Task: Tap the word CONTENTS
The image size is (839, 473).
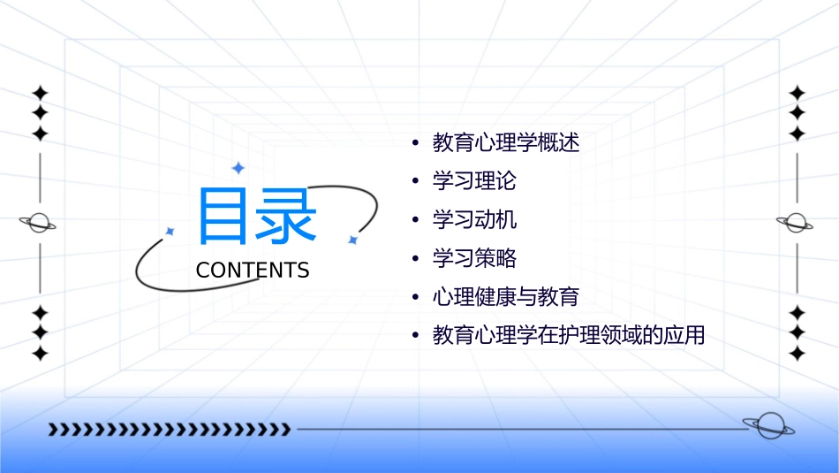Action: (x=253, y=271)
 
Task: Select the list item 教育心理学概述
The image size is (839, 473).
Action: (x=506, y=142)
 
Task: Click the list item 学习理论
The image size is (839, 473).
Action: (x=474, y=181)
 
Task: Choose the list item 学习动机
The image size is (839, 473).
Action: (x=474, y=219)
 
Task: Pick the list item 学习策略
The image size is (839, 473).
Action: (x=474, y=258)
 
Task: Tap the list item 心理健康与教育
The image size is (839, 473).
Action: (x=506, y=297)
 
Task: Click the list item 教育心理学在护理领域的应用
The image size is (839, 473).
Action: (x=569, y=336)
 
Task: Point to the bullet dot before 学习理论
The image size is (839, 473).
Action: (x=414, y=182)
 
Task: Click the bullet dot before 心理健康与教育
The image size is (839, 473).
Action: (x=414, y=298)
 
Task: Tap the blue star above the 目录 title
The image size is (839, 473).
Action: (x=238, y=167)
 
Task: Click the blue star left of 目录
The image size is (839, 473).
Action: (x=170, y=231)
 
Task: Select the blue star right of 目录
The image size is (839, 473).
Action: (x=352, y=240)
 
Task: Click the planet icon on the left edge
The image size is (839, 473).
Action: (x=38, y=223)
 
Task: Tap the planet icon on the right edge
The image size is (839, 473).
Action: (x=796, y=223)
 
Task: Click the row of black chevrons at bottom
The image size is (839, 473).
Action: (x=169, y=430)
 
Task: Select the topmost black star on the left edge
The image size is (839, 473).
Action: (x=39, y=93)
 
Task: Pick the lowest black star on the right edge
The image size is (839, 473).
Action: (x=797, y=354)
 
